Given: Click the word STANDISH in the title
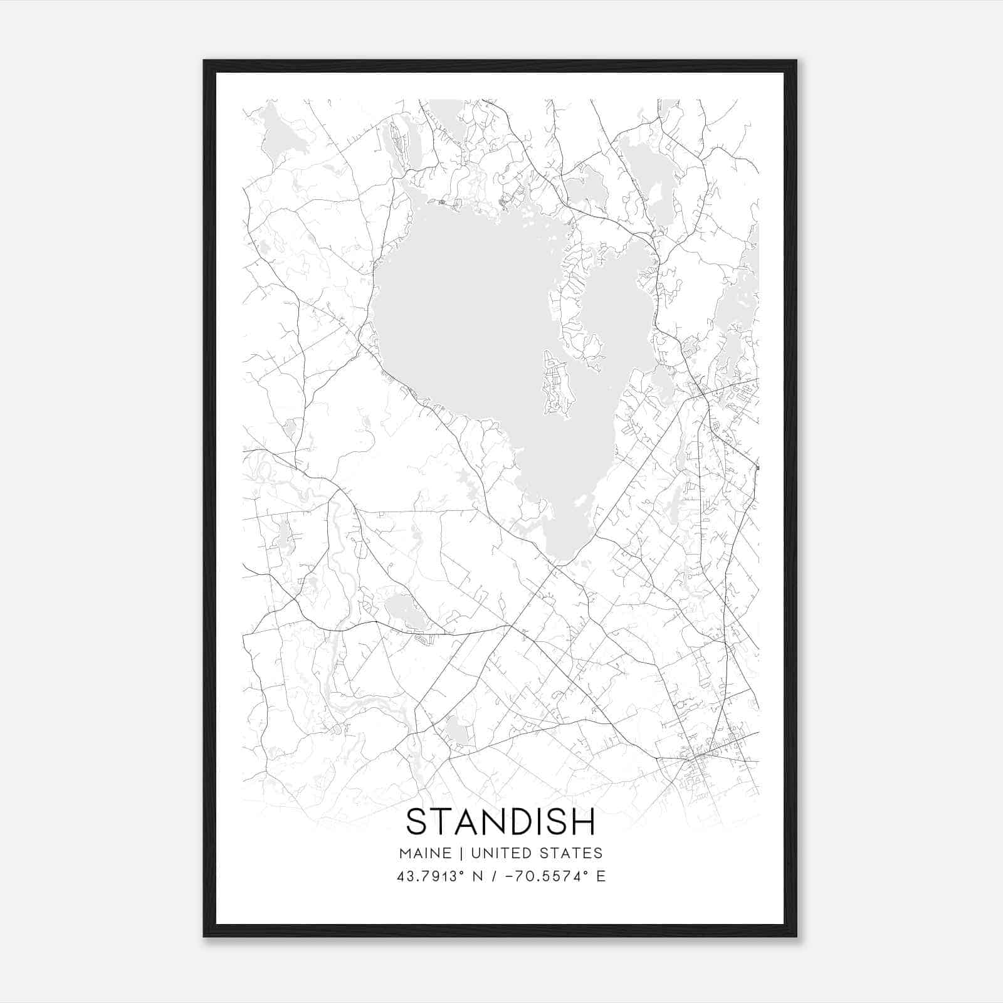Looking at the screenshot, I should point(500,822).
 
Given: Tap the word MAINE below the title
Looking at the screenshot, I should point(424,853).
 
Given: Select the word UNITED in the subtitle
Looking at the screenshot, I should point(501,853).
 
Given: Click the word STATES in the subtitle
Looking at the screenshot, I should point(570,853).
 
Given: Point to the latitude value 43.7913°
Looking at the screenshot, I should point(424,876).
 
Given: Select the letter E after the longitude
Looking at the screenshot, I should point(601,876).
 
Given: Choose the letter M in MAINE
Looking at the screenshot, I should point(404,853).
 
